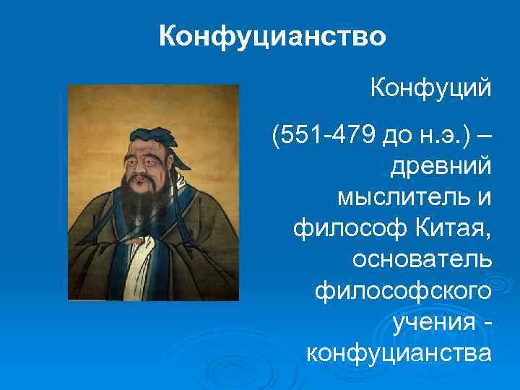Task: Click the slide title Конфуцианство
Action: pos(272,35)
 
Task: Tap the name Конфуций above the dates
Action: pos(430,90)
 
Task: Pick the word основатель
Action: pos(420,259)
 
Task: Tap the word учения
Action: pos(433,322)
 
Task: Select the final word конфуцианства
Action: pos(399,353)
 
